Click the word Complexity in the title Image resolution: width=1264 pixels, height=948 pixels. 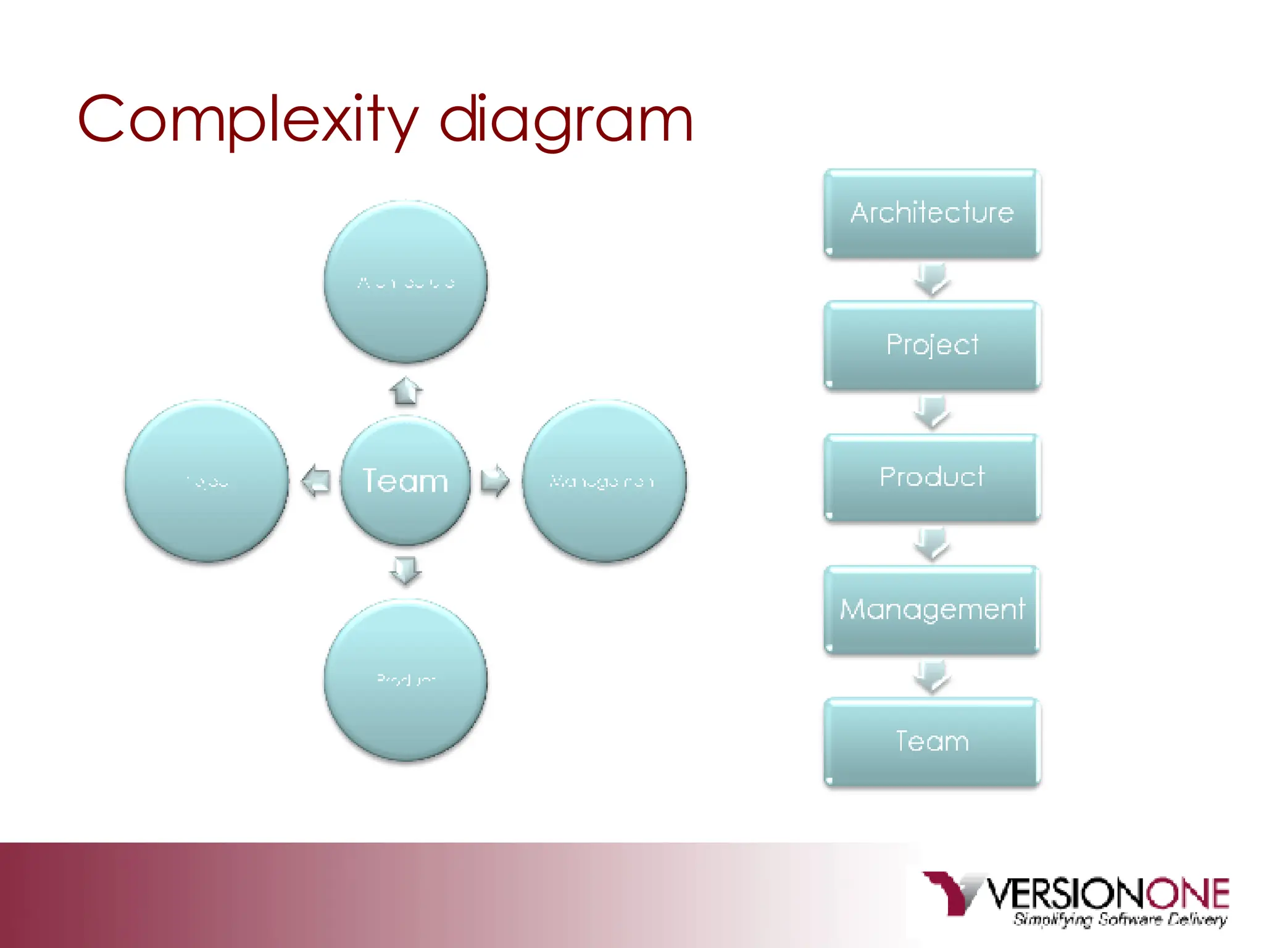[247, 120]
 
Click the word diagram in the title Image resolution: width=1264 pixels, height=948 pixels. [566, 120]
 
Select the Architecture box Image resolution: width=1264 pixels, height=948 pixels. [932, 213]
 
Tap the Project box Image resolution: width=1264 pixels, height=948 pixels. [932, 345]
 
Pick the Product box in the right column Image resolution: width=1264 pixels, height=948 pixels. [932, 477]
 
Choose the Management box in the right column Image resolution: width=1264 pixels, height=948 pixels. [932, 610]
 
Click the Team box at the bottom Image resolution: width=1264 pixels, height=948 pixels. [932, 742]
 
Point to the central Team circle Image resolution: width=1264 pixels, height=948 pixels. [405, 481]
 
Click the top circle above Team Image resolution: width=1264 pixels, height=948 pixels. [405, 282]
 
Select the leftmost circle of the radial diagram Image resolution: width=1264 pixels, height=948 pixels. [207, 481]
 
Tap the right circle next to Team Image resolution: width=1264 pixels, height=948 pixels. [604, 481]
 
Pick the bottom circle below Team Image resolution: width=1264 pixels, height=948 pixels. [405, 680]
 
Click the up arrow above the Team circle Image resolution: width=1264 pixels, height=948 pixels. [405, 391]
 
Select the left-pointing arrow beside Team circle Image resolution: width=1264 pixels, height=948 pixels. [315, 481]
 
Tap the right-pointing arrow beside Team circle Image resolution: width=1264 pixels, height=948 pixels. [495, 481]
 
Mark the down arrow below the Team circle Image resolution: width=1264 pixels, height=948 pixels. [405, 570]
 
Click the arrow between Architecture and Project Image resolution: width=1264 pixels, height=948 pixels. [932, 280]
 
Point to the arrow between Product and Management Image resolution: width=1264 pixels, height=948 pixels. [932, 544]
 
